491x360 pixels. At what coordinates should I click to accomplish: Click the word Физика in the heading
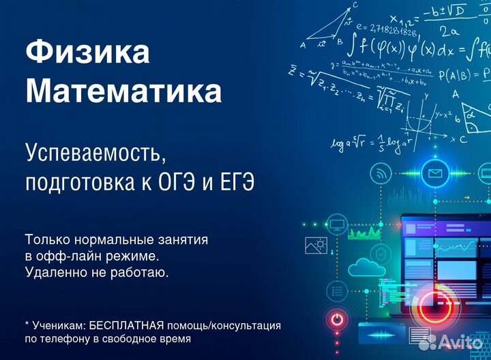coord(87,53)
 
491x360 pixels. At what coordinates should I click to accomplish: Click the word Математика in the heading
coord(123,91)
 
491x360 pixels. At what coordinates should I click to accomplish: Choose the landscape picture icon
coord(317,245)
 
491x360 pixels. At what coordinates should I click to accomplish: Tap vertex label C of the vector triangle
coord(356,5)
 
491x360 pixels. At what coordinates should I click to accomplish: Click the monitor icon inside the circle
coord(336,223)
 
